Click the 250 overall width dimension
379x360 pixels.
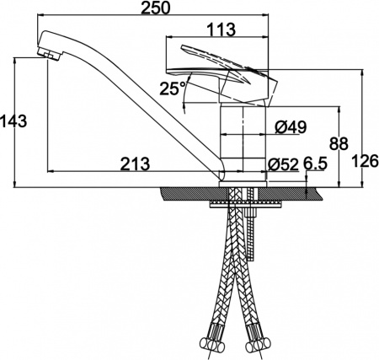[155, 8]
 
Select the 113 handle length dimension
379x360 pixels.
[222, 30]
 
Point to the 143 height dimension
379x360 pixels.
[13, 121]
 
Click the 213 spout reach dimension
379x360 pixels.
[135, 164]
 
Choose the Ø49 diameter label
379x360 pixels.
[291, 127]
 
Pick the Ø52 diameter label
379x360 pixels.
[283, 164]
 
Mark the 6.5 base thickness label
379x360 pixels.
[315, 164]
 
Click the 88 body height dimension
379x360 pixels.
[339, 143]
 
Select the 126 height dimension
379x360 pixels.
[366, 161]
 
